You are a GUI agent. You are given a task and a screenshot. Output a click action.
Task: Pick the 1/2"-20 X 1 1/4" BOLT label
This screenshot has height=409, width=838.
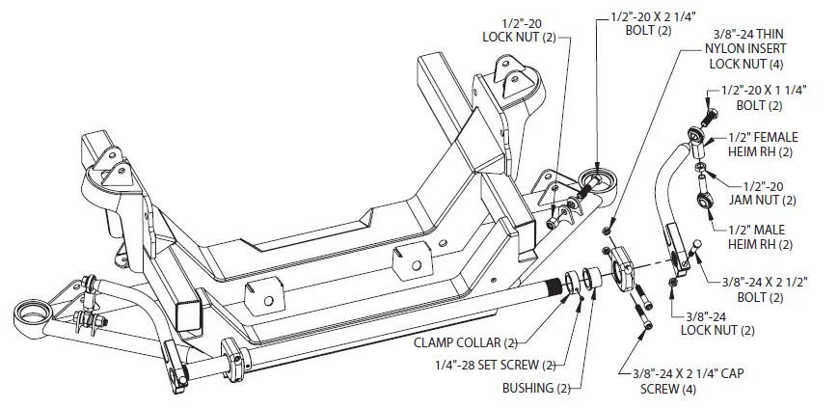(x=765, y=95)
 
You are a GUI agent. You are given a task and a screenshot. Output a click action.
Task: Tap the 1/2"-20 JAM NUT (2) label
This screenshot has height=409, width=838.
(x=770, y=192)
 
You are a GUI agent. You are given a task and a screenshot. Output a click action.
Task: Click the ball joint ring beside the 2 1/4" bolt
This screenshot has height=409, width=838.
(x=598, y=180)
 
